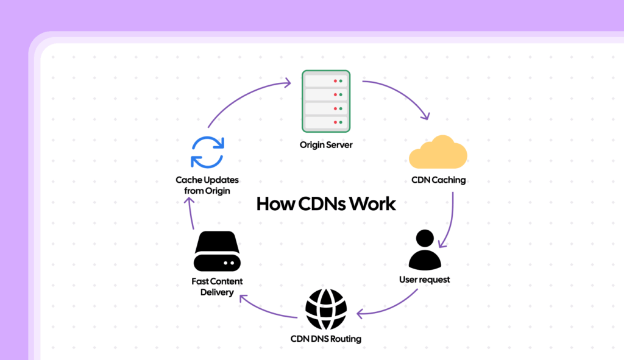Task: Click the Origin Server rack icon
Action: coord(326,101)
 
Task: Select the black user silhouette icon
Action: coord(425,250)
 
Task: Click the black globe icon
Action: coord(325,309)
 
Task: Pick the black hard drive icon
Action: coord(218,251)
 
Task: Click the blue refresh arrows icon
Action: coord(208,152)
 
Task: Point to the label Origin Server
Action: coord(326,145)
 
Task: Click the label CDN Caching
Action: coord(439,180)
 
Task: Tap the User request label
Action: coord(425,280)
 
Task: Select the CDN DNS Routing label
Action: coord(325,339)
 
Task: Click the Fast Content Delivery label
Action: coord(217,287)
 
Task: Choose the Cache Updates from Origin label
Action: coord(207,185)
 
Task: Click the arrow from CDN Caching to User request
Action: coord(452,219)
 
